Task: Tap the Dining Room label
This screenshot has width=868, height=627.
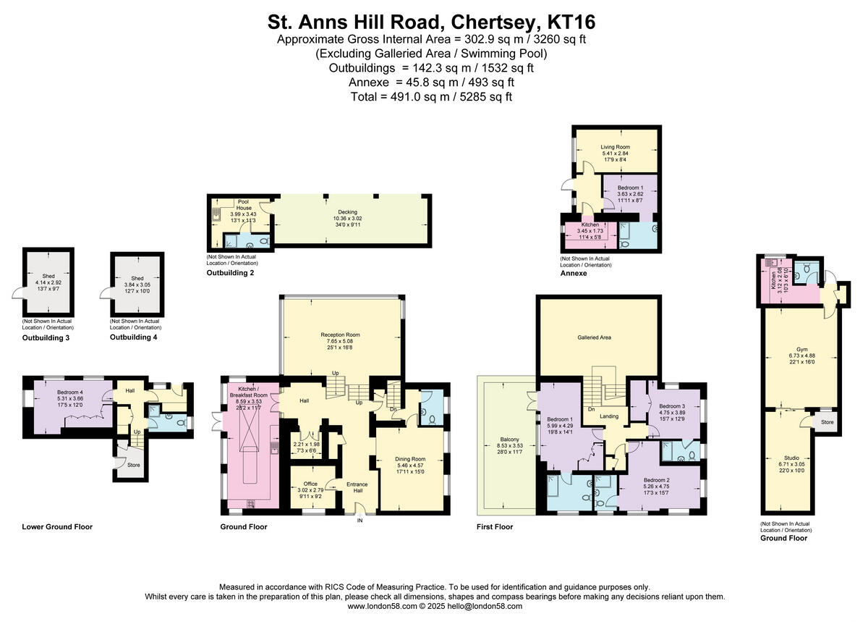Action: (x=409, y=459)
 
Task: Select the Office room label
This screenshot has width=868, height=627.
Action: (x=310, y=484)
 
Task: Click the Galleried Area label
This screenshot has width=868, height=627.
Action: (x=597, y=337)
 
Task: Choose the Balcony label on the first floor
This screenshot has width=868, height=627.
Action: (x=509, y=439)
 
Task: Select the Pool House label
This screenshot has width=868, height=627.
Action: (x=243, y=204)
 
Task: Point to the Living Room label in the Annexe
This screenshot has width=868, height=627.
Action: (x=616, y=147)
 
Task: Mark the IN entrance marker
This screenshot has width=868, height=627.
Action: (x=359, y=519)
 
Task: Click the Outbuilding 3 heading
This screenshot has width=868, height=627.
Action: (x=46, y=337)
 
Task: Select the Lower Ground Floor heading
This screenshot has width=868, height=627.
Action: (x=57, y=527)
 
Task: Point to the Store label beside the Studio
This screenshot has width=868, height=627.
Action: (x=827, y=421)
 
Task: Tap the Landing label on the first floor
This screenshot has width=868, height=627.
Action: (x=609, y=416)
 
